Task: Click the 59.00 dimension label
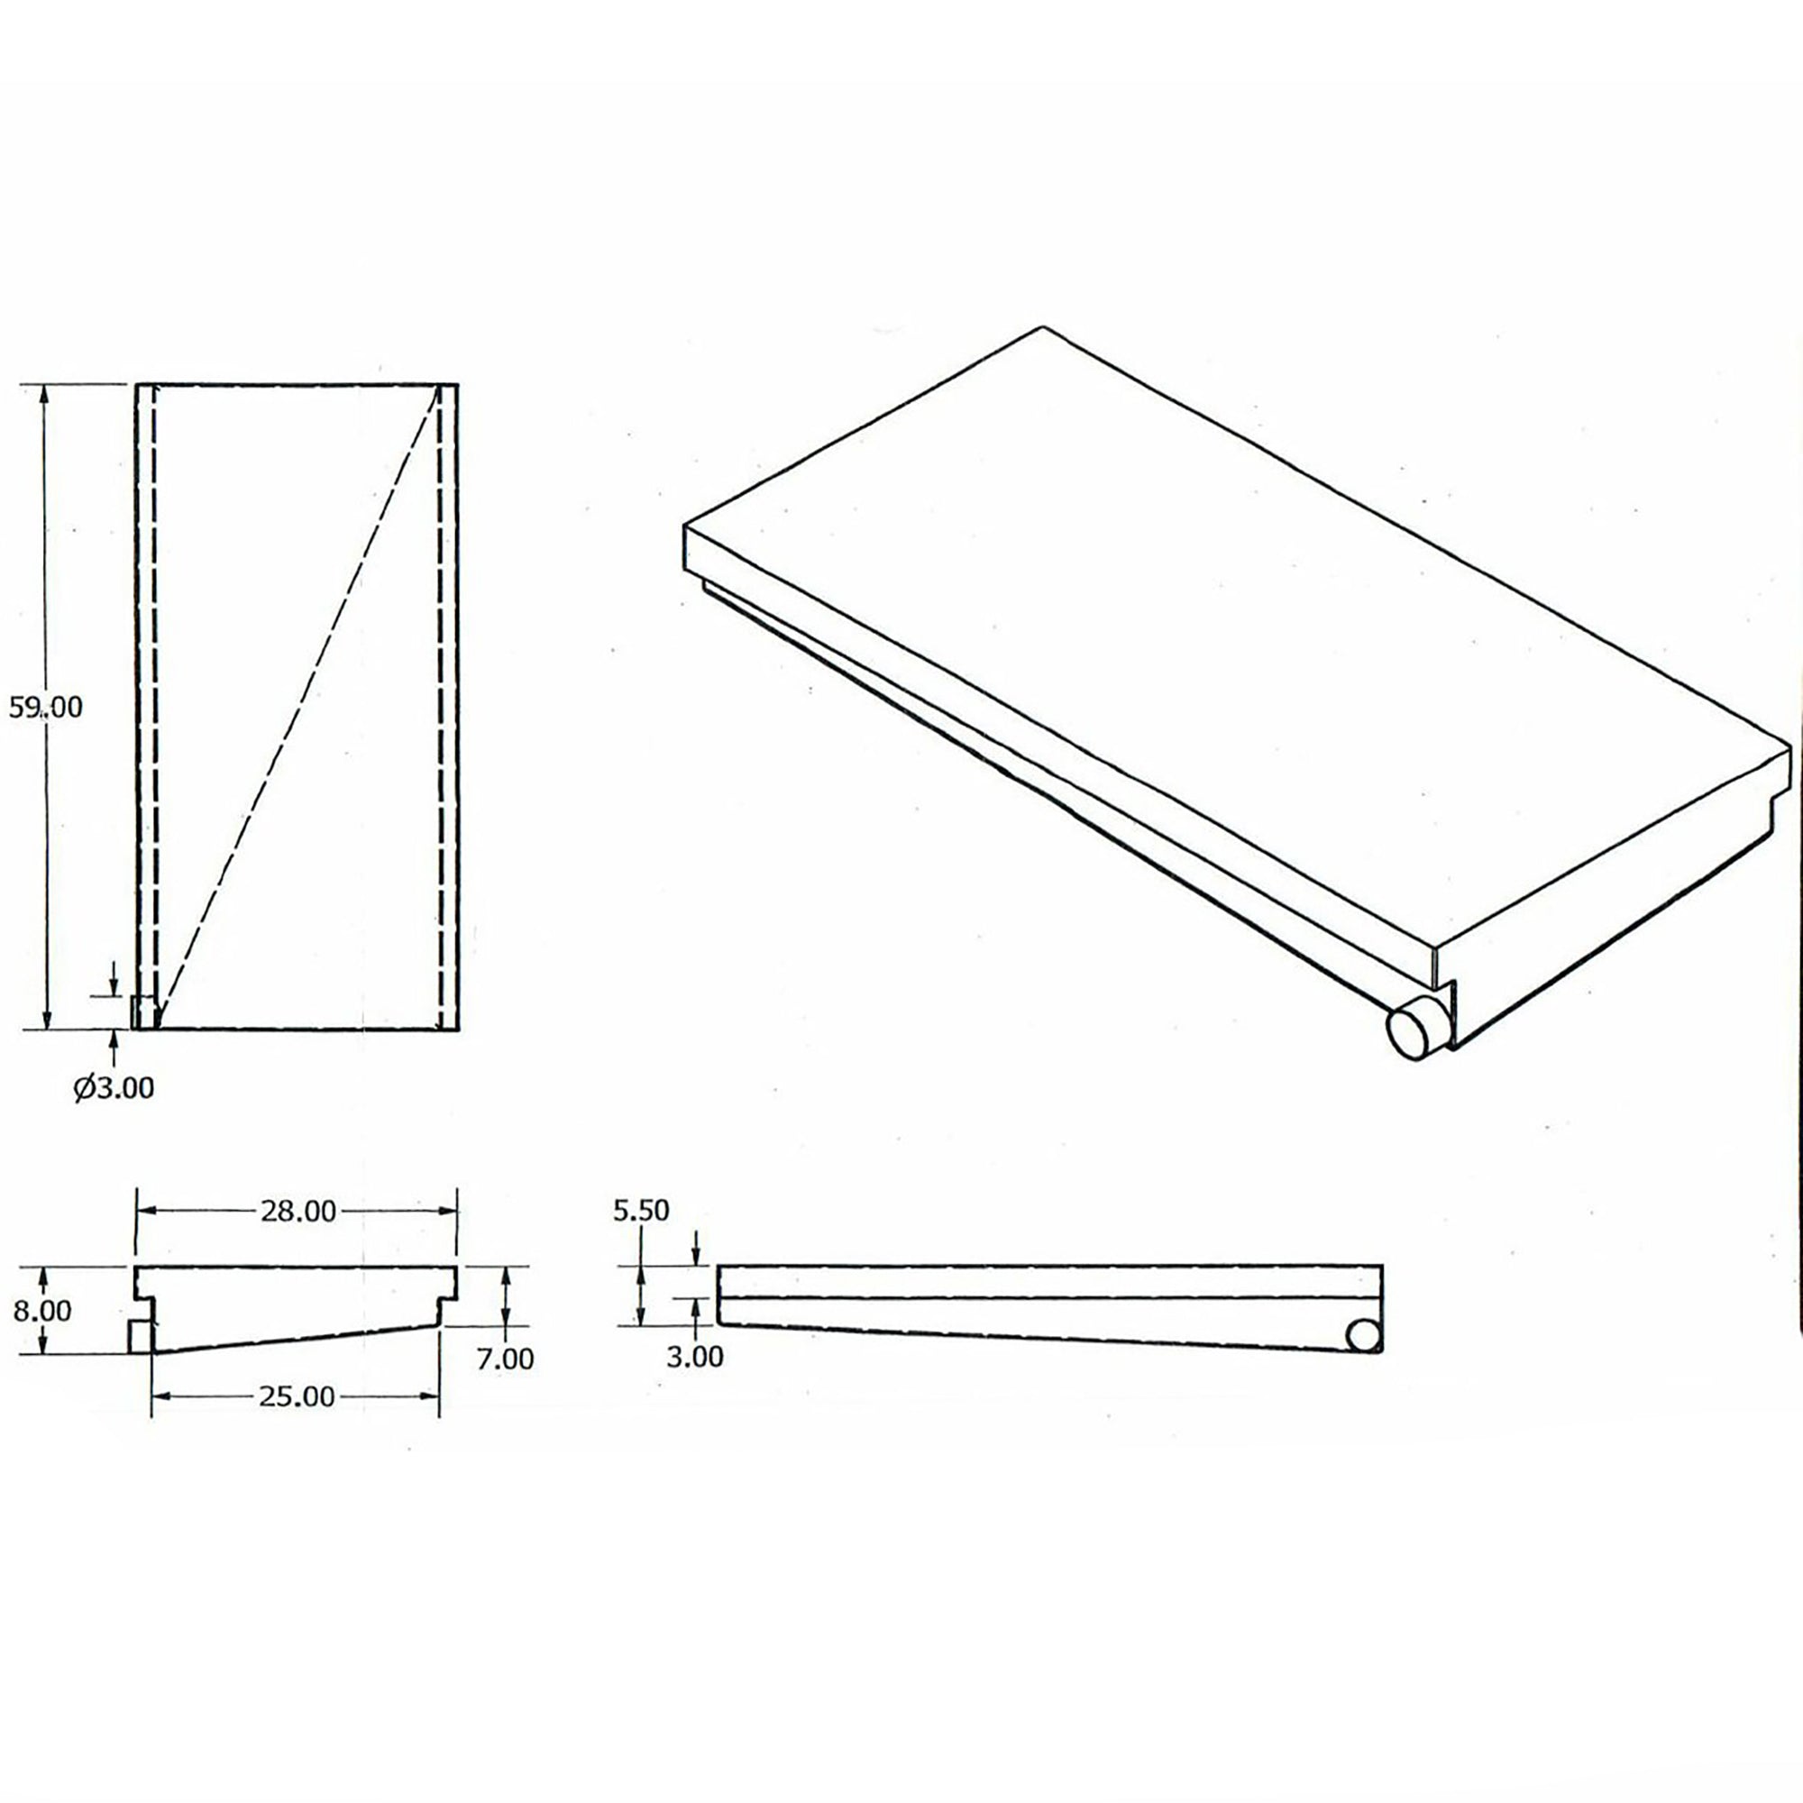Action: pyautogui.click(x=46, y=709)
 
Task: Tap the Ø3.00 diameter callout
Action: pyautogui.click(x=114, y=1087)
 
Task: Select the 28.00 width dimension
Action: pyautogui.click(x=297, y=1212)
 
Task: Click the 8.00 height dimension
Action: pyautogui.click(x=42, y=1311)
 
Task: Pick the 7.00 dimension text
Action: pyautogui.click(x=505, y=1359)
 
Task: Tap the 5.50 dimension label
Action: pyautogui.click(x=641, y=1211)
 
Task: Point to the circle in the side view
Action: pyautogui.click(x=1362, y=1336)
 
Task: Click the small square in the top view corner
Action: pyautogui.click(x=142, y=1012)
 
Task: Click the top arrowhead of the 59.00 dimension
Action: pyautogui.click(x=43, y=396)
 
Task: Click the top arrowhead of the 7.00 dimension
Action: pyautogui.click(x=505, y=1277)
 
